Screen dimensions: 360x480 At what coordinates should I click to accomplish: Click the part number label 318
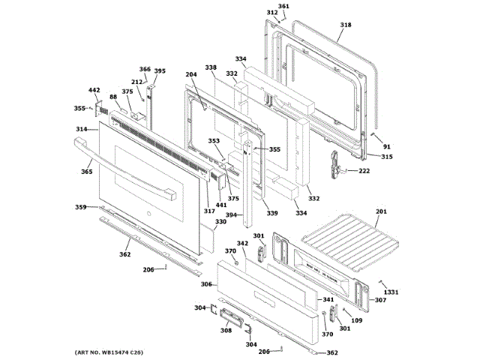345,25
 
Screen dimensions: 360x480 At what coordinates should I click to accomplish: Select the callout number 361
283,7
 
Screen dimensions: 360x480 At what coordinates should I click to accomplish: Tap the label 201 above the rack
381,212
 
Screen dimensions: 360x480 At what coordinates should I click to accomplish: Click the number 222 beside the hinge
364,171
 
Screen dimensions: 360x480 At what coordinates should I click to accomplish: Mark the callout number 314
81,130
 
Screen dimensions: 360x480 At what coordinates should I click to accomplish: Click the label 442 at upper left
94,91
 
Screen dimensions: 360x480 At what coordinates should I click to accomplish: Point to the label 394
232,215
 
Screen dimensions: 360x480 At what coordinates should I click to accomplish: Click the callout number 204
191,75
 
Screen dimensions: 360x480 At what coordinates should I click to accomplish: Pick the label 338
211,68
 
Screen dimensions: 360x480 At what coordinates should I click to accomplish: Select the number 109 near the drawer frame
356,321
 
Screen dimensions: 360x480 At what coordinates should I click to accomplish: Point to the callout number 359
80,207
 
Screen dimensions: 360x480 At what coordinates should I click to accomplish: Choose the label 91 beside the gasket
387,146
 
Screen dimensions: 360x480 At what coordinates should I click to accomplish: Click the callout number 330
220,222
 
